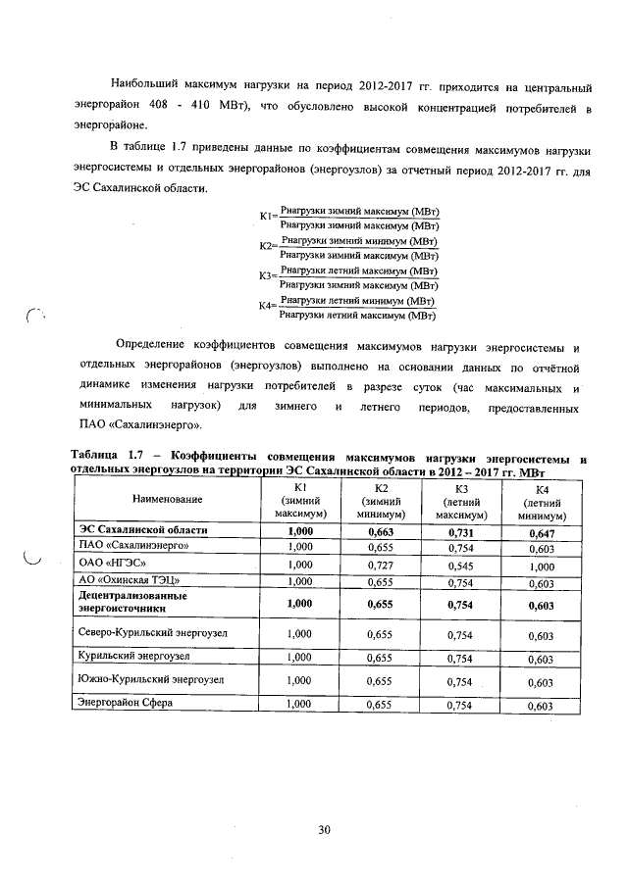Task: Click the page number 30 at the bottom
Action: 324,831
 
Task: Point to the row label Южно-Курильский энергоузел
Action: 150,679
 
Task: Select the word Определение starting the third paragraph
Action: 153,347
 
